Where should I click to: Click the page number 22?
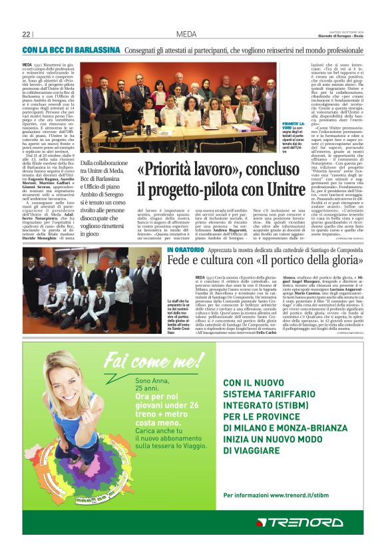click(x=27, y=34)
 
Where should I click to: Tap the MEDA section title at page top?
click(x=186, y=34)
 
